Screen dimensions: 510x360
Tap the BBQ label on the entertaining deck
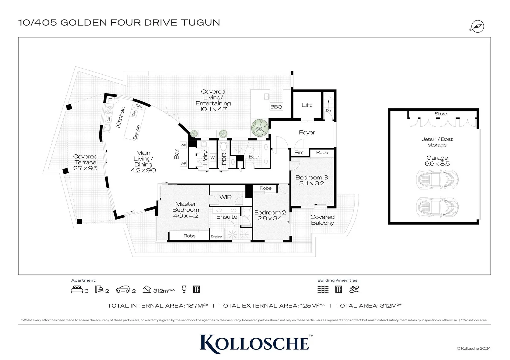[276, 107]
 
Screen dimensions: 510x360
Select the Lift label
[307, 105]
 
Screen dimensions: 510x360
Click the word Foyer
[307, 132]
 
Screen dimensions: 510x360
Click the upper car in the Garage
[437, 179]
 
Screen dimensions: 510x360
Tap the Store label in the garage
[441, 114]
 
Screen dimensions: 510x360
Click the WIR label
[226, 197]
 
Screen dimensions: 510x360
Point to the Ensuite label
[227, 217]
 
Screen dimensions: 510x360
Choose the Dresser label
[216, 236]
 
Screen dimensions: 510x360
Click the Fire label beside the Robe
[299, 152]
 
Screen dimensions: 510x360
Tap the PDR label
[224, 159]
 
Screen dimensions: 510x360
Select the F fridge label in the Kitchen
[110, 100]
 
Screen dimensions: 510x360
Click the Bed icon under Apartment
[77, 289]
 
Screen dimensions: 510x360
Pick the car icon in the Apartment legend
[123, 289]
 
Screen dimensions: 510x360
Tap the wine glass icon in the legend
[184, 289]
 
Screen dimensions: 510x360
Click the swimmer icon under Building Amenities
[354, 289]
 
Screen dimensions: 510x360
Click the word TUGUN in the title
[200, 23]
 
